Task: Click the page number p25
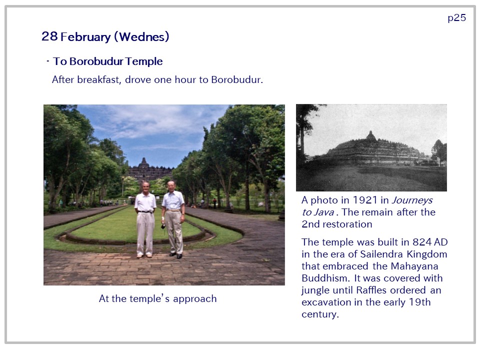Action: [456, 18]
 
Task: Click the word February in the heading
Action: [85, 36]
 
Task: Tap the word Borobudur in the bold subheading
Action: [96, 61]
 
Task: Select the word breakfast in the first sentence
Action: [99, 79]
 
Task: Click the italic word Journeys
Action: [412, 200]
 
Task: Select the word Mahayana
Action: [414, 266]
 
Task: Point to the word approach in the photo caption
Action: [194, 299]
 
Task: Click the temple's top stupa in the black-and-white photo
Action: [371, 135]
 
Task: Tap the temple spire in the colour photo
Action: [143, 162]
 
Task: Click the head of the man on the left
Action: [145, 186]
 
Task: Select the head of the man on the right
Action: [171, 185]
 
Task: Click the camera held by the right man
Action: [163, 226]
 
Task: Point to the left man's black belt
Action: [145, 211]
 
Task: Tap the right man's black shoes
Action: [176, 255]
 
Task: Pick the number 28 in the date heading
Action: [49, 36]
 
